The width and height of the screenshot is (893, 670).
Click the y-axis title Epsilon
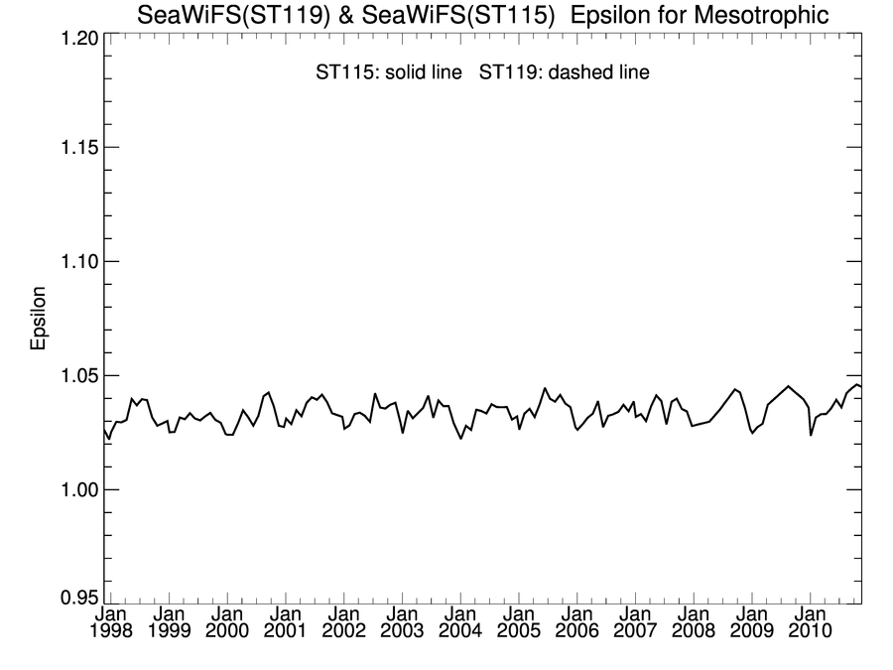click(x=39, y=320)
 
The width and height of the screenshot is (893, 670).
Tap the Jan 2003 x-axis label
click(x=402, y=622)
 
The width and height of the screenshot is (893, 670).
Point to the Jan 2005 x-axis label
click(x=519, y=622)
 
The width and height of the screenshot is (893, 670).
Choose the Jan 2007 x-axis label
click(x=635, y=622)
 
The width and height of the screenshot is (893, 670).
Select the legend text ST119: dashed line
click(x=565, y=72)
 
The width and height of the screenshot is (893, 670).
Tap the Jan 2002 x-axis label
click(x=343, y=622)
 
